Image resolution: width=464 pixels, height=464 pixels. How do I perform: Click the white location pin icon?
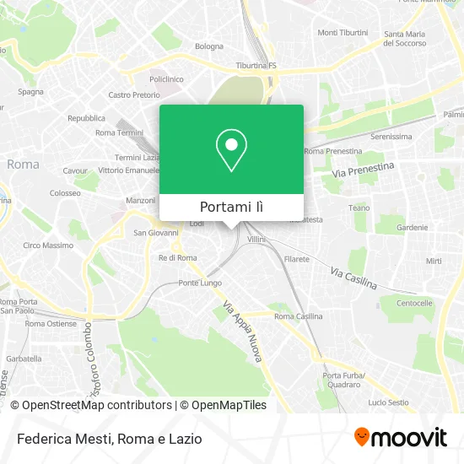coord(231,149)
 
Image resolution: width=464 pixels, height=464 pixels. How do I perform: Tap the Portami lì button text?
coord(231,207)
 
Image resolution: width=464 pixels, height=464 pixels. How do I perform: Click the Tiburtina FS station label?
coord(256,65)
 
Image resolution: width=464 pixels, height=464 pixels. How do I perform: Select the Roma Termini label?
coord(119,132)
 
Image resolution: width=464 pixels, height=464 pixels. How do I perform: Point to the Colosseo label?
coord(64,192)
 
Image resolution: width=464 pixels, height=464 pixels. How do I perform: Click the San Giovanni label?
coord(158,232)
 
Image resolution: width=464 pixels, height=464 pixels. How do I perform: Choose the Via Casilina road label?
coord(353,279)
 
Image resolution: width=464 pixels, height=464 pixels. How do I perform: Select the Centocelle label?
coord(414,302)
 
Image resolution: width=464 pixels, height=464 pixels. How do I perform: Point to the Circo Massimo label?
coord(48,245)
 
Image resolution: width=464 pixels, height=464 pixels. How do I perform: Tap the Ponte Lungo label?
coord(199,283)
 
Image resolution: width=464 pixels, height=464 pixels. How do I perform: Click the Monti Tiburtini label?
coord(343,33)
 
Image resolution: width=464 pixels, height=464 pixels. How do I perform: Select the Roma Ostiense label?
coord(51,323)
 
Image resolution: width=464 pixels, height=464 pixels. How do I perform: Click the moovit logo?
coord(401,437)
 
